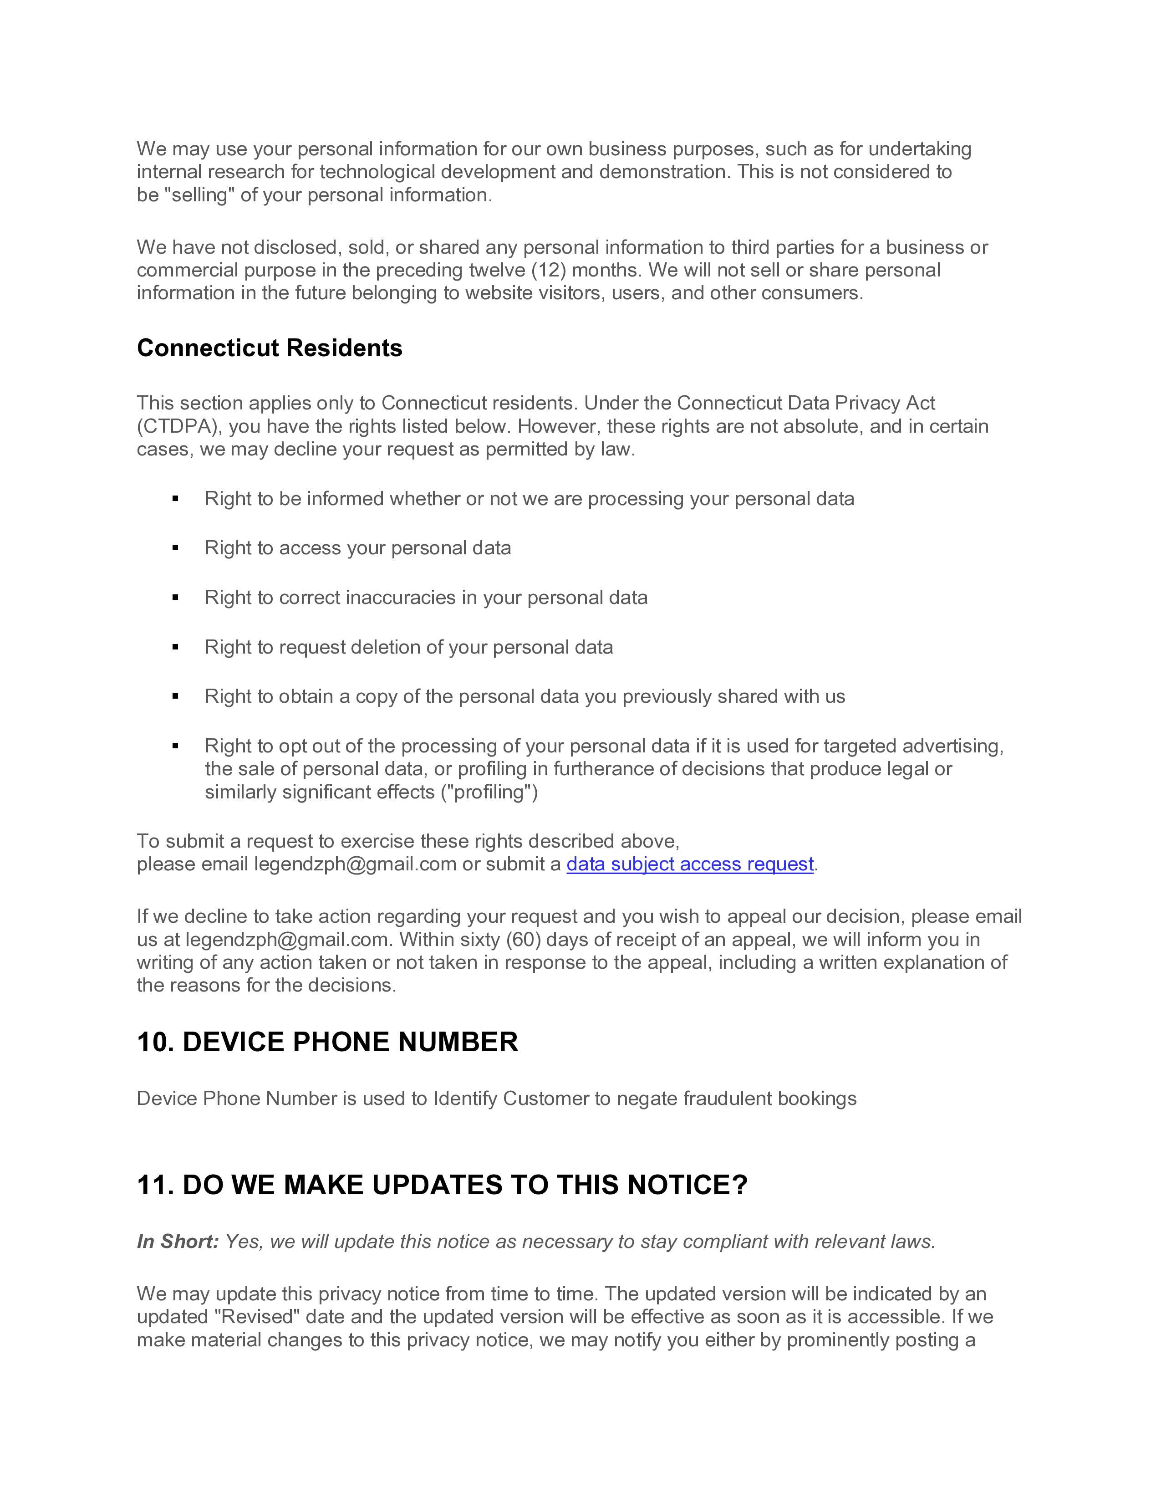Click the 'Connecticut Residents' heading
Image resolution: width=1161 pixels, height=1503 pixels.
tap(269, 348)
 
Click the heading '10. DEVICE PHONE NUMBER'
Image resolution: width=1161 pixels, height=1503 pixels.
tap(327, 1042)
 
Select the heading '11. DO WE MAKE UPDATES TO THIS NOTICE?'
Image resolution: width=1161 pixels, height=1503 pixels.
tap(442, 1185)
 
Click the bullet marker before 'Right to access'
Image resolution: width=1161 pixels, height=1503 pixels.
tap(175, 548)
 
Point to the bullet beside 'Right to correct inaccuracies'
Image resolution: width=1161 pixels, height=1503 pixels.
tap(175, 598)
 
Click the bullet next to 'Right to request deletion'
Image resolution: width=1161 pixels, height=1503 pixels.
tap(175, 647)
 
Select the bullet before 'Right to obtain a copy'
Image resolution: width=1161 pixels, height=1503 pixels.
tap(175, 696)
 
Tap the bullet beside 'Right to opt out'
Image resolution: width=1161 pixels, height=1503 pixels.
tap(175, 746)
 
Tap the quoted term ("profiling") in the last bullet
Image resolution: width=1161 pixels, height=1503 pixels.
tap(489, 792)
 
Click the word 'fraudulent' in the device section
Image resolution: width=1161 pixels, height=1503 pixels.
tap(728, 1099)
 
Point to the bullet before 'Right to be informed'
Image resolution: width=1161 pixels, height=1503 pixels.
tap(175, 498)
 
